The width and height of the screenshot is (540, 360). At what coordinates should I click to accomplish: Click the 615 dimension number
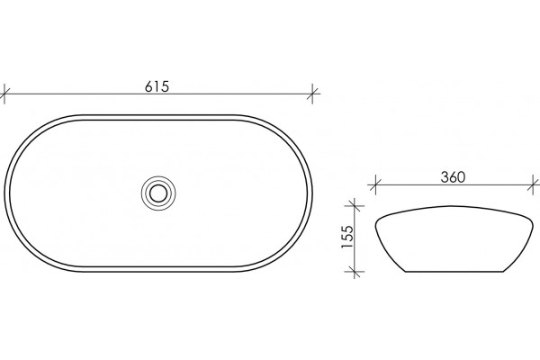(157, 86)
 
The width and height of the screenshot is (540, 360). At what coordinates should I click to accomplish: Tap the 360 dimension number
(453, 177)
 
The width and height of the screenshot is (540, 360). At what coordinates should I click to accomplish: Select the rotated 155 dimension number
(347, 237)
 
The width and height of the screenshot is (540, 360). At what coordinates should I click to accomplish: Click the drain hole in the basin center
(158, 193)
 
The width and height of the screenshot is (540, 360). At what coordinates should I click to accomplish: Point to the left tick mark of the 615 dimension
(4, 94)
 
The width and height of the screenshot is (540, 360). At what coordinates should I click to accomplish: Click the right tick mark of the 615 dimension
(312, 94)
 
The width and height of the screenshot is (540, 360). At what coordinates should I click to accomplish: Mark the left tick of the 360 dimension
(375, 186)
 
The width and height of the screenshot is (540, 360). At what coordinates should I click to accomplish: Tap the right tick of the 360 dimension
(534, 186)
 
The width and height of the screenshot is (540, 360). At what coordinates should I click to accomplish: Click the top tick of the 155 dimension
(355, 206)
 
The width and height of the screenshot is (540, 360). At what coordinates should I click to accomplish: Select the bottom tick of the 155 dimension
(355, 272)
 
